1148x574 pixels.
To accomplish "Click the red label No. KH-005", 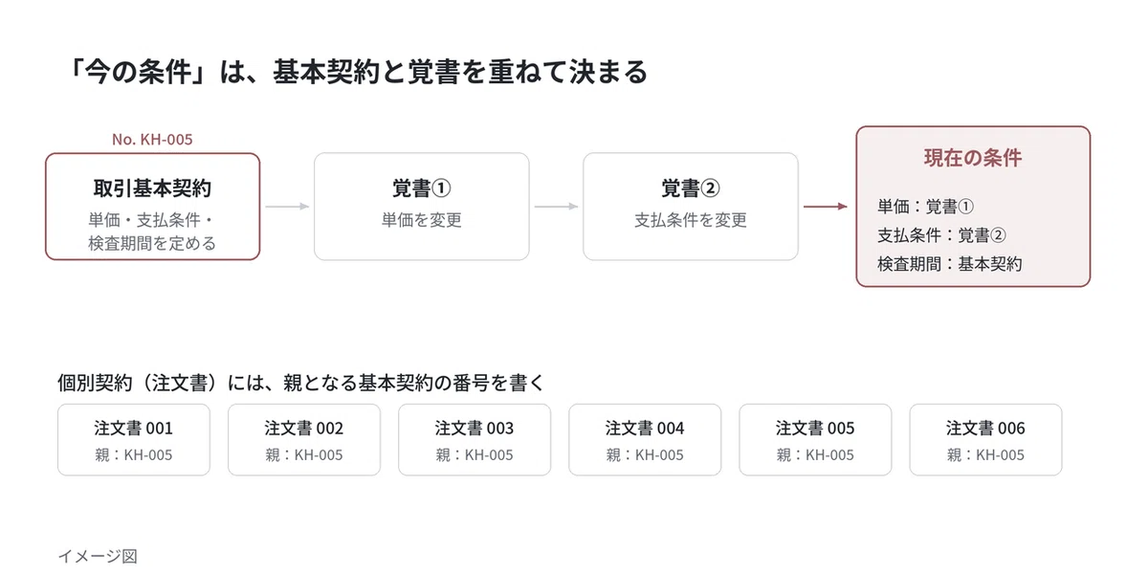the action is click(x=152, y=140).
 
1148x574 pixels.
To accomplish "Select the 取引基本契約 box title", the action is click(x=152, y=188).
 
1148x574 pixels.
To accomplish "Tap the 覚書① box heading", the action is click(x=421, y=188).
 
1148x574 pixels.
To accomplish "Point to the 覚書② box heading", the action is click(x=691, y=188).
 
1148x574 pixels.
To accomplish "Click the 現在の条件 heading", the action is click(x=973, y=158).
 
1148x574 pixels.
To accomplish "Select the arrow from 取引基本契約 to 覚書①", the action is click(x=288, y=207).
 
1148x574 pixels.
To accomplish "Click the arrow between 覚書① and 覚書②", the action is click(x=557, y=207).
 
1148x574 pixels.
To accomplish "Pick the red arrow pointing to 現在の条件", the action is click(x=826, y=207).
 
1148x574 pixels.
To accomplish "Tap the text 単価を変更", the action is click(x=421, y=220).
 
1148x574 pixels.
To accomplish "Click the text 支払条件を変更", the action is click(x=691, y=220).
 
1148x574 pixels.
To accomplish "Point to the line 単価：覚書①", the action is click(x=926, y=207).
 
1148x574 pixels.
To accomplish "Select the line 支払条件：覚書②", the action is click(x=942, y=235).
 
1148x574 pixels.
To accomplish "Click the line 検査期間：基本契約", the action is click(x=950, y=264).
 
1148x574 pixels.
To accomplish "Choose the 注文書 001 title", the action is click(x=133, y=428).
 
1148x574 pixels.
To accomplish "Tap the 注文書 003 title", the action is click(x=475, y=428).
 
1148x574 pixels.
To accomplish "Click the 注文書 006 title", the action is click(x=985, y=428).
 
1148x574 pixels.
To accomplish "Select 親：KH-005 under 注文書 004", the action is click(x=645, y=454).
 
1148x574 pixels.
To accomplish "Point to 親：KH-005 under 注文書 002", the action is click(x=304, y=454).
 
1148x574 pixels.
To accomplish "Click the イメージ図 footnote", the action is click(x=98, y=556).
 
